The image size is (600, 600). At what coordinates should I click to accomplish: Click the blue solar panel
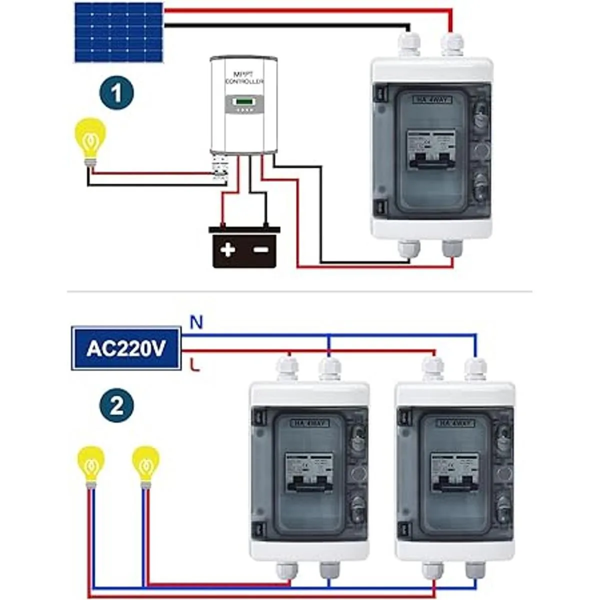(x=118, y=32)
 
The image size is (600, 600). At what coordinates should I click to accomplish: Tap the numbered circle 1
(x=116, y=93)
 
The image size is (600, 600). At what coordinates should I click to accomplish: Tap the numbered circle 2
(x=116, y=405)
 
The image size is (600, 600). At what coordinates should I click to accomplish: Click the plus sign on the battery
(x=228, y=249)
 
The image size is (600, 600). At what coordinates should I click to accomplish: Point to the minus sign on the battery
(x=260, y=249)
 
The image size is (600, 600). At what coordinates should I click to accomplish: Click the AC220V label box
(x=126, y=348)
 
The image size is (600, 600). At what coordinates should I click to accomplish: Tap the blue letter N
(x=196, y=322)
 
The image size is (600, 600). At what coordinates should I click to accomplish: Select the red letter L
(x=195, y=366)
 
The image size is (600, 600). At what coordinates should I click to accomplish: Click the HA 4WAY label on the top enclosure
(x=432, y=100)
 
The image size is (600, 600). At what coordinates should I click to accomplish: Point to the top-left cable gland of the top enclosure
(x=409, y=44)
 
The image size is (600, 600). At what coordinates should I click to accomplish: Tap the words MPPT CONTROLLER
(x=244, y=78)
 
